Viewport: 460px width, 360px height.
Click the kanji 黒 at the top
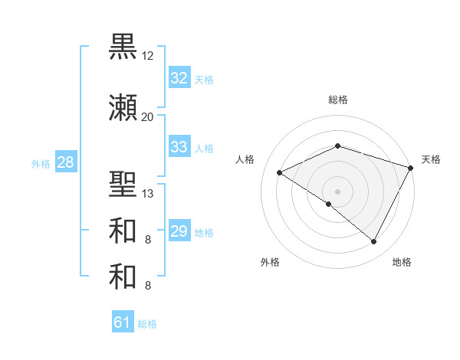(123, 47)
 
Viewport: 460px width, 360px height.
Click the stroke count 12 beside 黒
(148, 56)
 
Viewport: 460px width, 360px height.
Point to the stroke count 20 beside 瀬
(148, 116)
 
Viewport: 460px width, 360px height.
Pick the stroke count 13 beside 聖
(148, 193)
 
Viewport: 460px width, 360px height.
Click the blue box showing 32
(179, 77)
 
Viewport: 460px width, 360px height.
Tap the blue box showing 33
(179, 146)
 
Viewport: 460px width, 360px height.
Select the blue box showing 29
(179, 231)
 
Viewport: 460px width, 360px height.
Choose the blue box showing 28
(64, 162)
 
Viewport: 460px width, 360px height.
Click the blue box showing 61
(123, 322)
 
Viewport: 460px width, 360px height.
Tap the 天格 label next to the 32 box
(204, 79)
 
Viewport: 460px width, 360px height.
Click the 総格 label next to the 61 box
(147, 324)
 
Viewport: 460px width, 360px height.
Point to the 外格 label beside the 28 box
(41, 164)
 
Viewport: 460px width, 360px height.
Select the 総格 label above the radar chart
(337, 100)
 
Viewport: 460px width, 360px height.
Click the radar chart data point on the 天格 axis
(412, 169)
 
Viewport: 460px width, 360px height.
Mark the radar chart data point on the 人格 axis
(280, 173)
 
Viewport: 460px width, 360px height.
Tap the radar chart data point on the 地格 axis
(374, 241)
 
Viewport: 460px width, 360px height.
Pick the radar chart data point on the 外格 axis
(329, 204)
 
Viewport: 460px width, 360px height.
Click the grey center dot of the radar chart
(337, 191)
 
